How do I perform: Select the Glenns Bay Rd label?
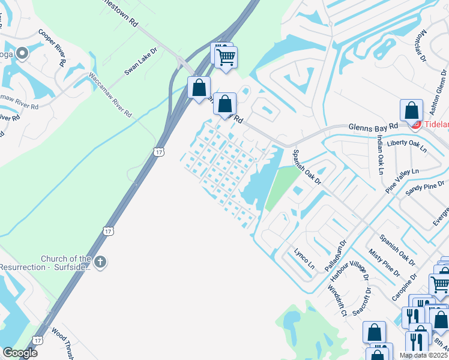pyautogui.click(x=373, y=127)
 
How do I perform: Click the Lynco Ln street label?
pyautogui.click(x=304, y=257)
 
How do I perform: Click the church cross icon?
pyautogui.click(x=100, y=262)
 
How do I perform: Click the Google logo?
pyautogui.click(x=20, y=353)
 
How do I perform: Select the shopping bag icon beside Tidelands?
pyautogui.click(x=411, y=110)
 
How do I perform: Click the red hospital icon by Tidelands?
pyautogui.click(x=415, y=124)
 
